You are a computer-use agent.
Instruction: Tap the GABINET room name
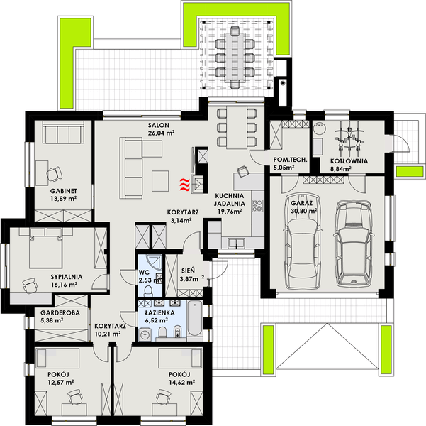pyautogui.click(x=63, y=191)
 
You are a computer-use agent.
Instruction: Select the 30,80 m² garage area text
pyautogui.click(x=303, y=211)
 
